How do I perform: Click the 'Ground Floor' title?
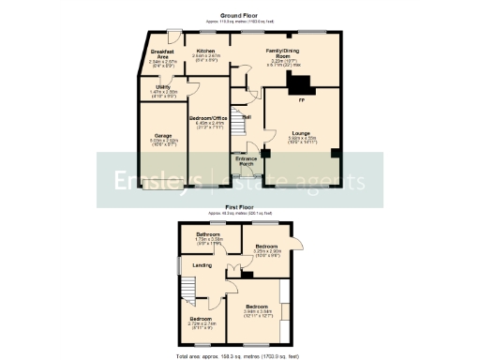239,16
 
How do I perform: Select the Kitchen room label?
206,51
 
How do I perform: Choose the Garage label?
163,137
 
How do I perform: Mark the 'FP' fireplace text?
301,98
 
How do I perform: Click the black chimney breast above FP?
302,86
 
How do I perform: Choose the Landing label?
202,265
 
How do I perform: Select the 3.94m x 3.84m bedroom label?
256,307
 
